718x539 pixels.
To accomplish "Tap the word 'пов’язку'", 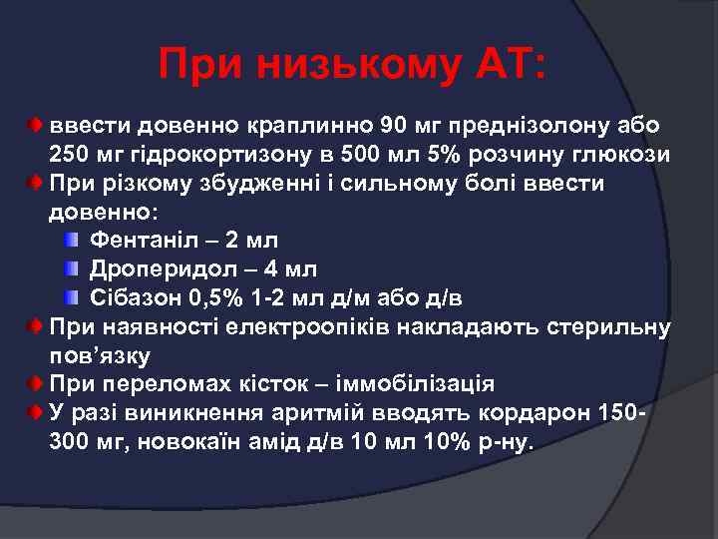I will (100, 355).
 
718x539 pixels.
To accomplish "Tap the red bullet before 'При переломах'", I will (35, 384).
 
